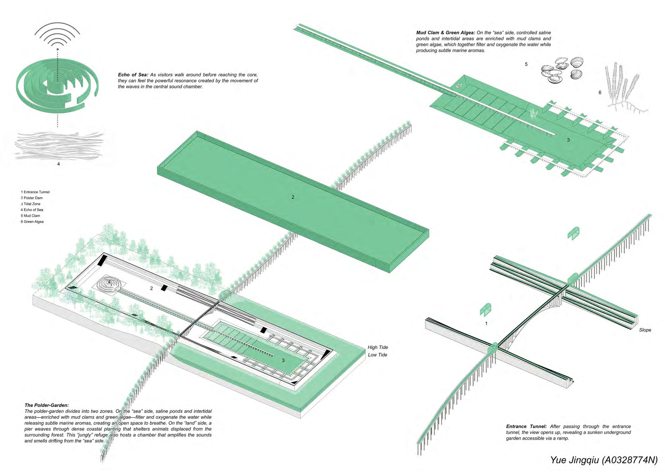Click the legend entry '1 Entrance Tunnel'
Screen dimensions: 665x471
pos(35,192)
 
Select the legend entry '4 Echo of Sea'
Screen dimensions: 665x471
pos(32,210)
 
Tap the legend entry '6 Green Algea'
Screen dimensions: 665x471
pos(32,222)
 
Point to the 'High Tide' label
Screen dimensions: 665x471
pos(378,347)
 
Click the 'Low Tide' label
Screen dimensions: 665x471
pos(378,355)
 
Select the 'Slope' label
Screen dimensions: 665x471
pos(645,330)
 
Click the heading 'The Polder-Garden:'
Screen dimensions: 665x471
pos(47,405)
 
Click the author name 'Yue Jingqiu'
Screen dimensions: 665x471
pos(574,460)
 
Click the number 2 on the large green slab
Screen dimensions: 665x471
pos(293,197)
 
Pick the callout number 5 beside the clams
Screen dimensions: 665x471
pos(526,64)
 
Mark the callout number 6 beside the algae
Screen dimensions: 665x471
pos(600,93)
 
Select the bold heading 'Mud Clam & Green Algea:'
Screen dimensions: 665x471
pos(445,33)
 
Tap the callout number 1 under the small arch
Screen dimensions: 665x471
pos(486,323)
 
